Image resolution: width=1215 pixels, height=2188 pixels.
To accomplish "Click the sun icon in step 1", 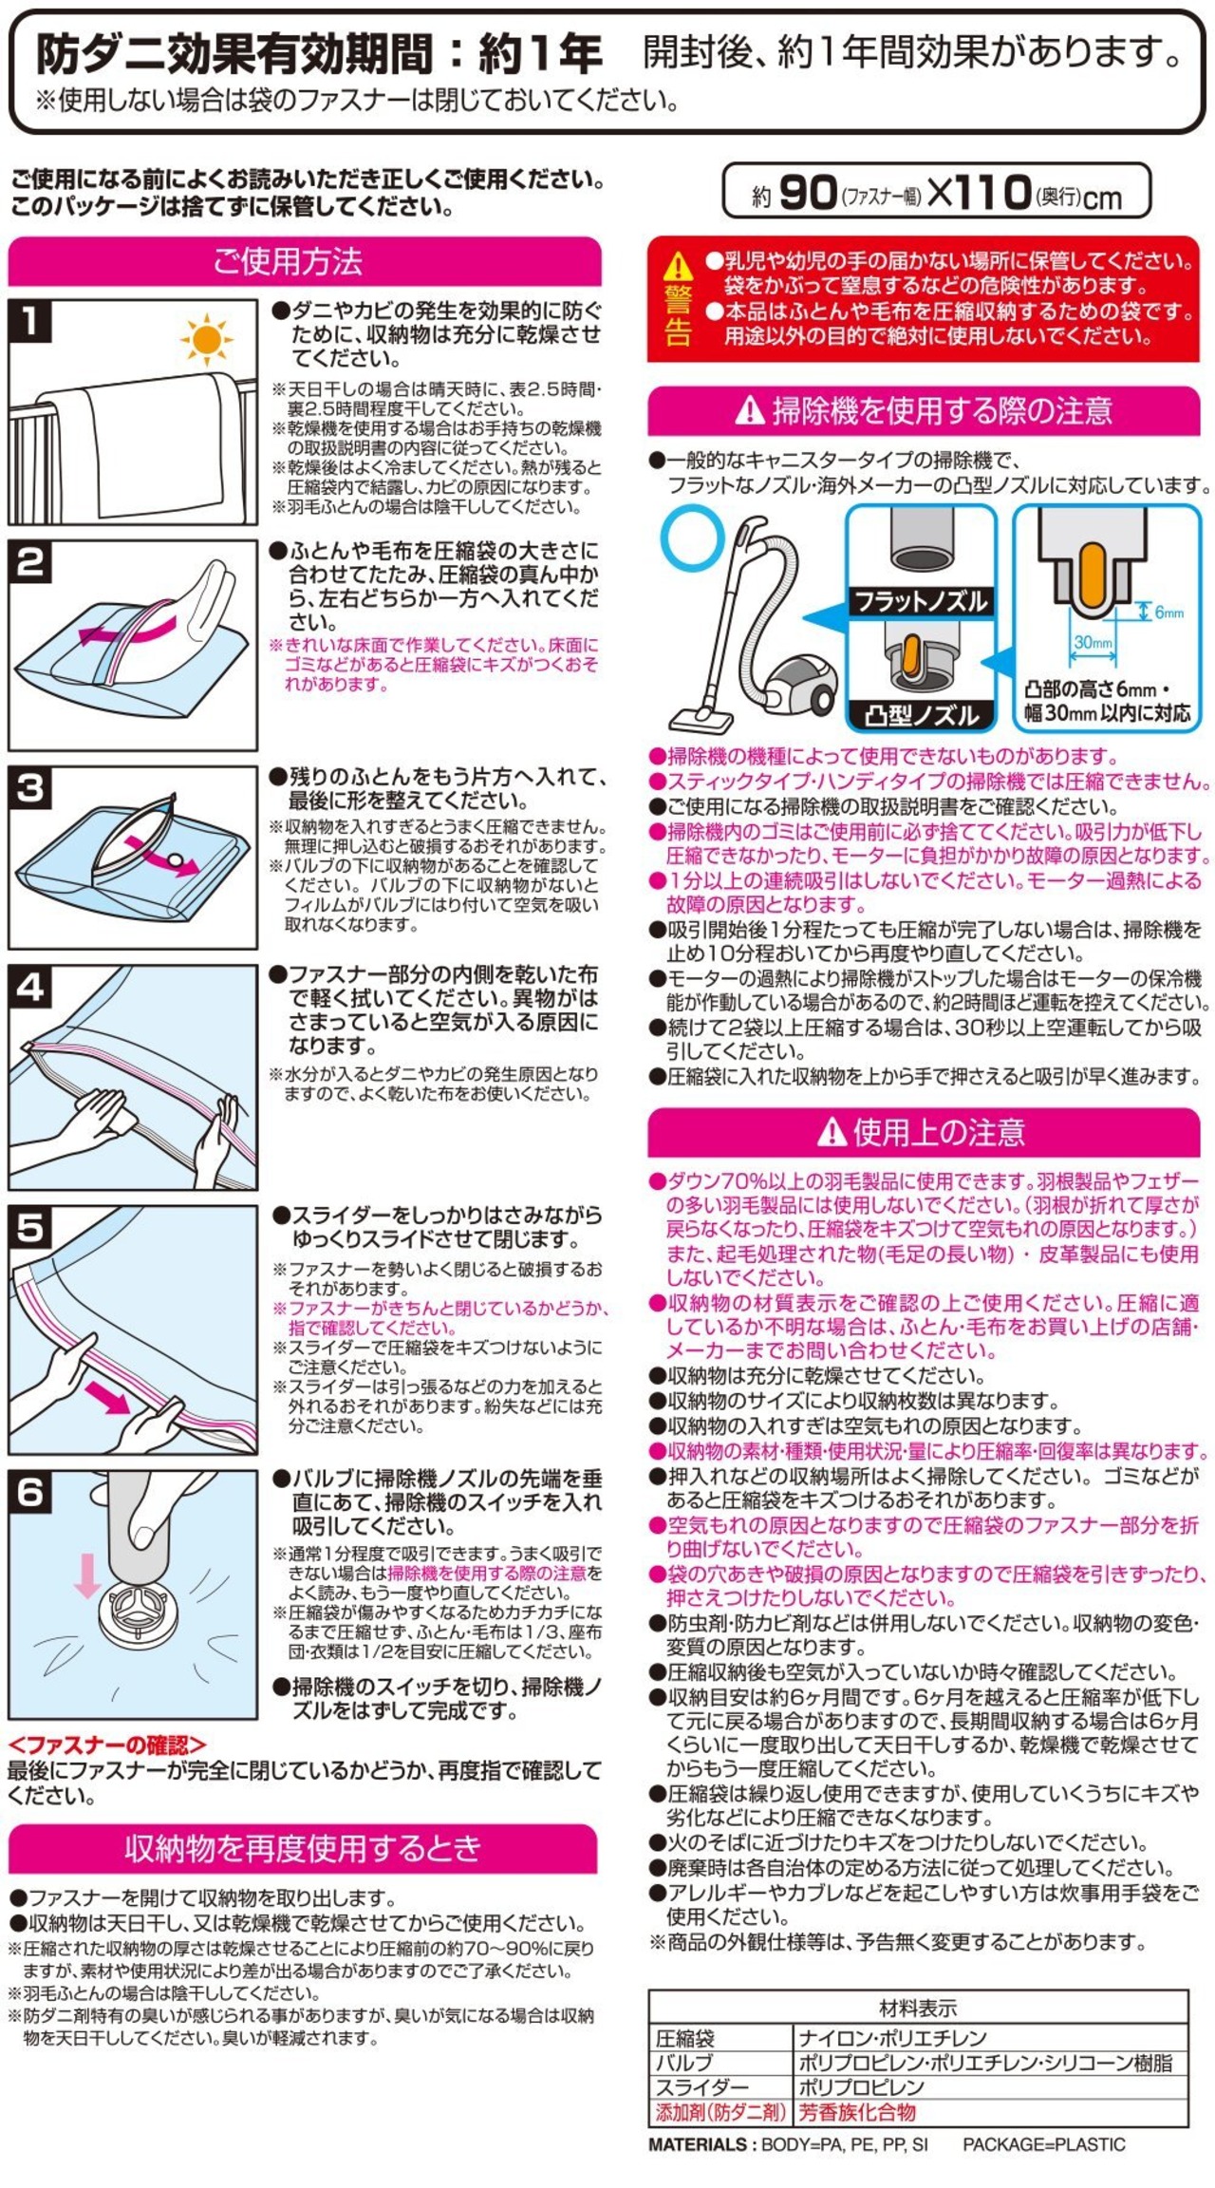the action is pyautogui.click(x=205, y=339).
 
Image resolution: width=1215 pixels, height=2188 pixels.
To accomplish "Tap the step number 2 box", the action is pyautogui.click(x=29, y=562).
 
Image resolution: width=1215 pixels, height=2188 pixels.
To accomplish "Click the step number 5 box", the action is pyautogui.click(x=29, y=1228).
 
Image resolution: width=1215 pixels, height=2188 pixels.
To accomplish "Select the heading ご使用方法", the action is pyautogui.click(x=288, y=261).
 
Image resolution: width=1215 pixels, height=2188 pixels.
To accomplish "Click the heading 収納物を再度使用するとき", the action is pyautogui.click(x=303, y=1848).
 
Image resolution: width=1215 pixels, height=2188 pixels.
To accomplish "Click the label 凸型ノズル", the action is pyautogui.click(x=921, y=715).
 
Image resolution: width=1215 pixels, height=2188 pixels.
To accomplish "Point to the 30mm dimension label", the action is pyautogui.click(x=1093, y=642).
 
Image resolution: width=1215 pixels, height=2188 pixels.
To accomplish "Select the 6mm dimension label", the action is pyautogui.click(x=1168, y=613).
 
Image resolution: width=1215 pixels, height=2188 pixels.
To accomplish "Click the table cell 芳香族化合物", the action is pyautogui.click(x=857, y=2112).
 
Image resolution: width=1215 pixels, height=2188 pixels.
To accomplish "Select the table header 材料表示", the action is pyautogui.click(x=918, y=2008).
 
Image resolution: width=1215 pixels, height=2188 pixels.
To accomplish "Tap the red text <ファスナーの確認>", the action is pyautogui.click(x=106, y=1745).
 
